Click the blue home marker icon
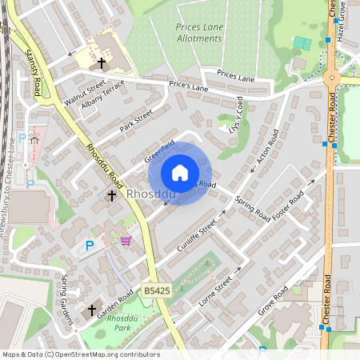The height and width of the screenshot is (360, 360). pos(180,173)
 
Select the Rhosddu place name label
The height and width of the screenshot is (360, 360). pos(150,194)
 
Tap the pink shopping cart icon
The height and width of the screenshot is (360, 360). pos(125,239)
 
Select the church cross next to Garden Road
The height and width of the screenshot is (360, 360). pos(91,310)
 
